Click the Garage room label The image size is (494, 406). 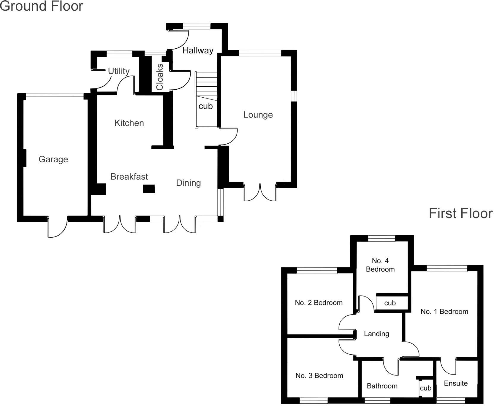(x=53, y=159)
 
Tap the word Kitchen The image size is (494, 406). (x=129, y=123)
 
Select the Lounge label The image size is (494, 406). (x=258, y=115)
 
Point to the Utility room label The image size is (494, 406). (x=119, y=71)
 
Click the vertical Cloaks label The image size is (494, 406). (x=160, y=77)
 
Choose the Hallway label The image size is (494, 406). (x=198, y=50)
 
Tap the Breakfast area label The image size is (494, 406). (x=129, y=177)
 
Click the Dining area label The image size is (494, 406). (x=189, y=183)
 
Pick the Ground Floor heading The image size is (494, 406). (x=42, y=6)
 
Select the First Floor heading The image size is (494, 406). (x=461, y=213)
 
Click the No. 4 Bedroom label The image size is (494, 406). (x=380, y=265)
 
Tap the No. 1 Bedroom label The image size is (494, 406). (x=444, y=311)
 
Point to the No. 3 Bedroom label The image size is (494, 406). (x=319, y=375)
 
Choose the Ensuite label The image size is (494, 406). (x=456, y=383)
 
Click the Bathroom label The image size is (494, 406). (x=382, y=386)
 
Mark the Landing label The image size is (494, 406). (x=376, y=334)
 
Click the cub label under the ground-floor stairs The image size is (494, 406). (x=205, y=106)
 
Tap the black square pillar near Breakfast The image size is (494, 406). (x=149, y=189)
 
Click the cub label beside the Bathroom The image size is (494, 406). (x=425, y=388)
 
